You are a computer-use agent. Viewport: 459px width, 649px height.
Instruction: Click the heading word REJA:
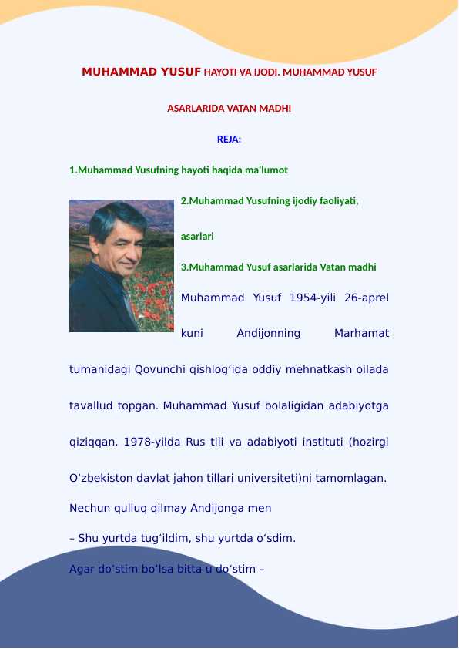[229, 140]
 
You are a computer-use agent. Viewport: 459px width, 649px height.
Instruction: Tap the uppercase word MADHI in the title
[276, 109]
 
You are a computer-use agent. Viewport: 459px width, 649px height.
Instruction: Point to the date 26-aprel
[367, 298]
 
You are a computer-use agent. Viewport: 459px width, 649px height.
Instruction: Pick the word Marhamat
[361, 334]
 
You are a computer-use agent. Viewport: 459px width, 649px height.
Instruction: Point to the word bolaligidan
[297, 405]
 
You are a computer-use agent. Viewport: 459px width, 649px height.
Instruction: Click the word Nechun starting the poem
[89, 509]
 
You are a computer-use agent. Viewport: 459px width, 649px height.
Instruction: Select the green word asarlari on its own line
[197, 237]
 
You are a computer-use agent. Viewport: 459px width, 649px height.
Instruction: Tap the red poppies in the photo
[150, 304]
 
